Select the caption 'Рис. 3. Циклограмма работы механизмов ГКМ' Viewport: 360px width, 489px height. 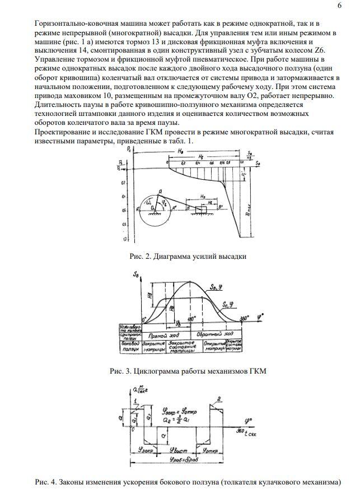pyautogui.click(x=188, y=371)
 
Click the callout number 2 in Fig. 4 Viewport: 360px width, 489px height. pyautogui.click(x=219, y=398)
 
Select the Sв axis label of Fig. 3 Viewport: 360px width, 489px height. pyautogui.click(x=136, y=274)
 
